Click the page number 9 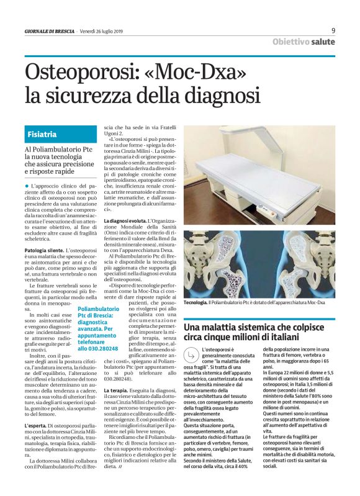pyautogui.click(x=333, y=30)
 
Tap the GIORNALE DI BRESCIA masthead pyautogui.click(x=49, y=31)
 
